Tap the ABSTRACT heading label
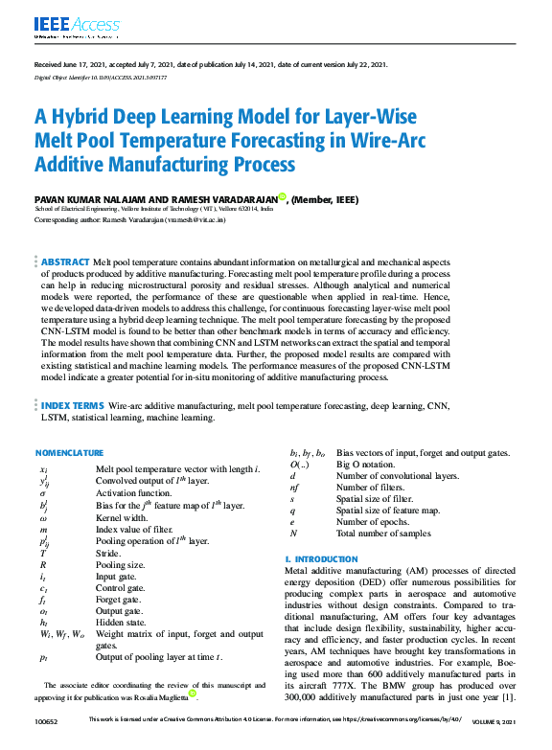pos(64,261)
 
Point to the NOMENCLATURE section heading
pos(69,452)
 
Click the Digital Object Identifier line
pos(93,76)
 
